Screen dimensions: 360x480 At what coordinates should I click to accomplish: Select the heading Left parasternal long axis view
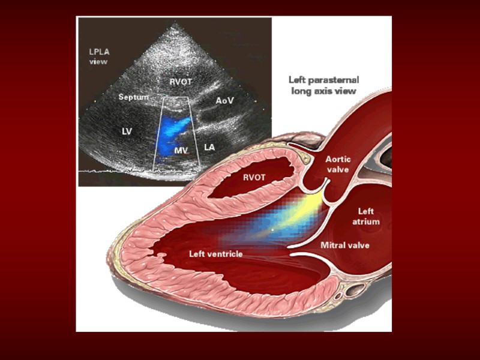pyautogui.click(x=323, y=85)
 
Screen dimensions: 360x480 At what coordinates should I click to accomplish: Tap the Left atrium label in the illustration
pyautogui.click(x=368, y=216)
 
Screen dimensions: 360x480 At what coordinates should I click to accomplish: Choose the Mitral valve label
pyautogui.click(x=345, y=245)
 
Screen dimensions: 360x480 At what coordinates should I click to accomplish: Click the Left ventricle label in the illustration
pyautogui.click(x=216, y=254)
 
